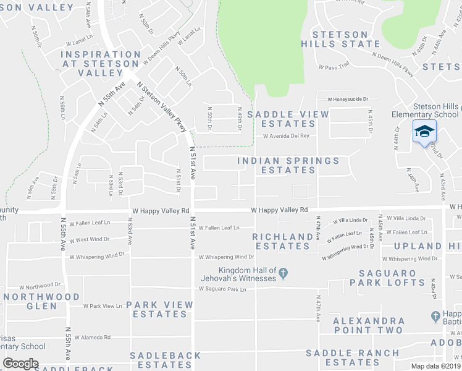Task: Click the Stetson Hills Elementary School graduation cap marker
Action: (424, 131)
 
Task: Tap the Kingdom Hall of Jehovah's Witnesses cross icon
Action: (283, 272)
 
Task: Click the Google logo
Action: (20, 364)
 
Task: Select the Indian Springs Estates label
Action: (288, 165)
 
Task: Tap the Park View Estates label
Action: (159, 309)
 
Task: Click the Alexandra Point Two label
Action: (369, 325)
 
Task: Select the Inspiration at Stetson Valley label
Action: (101, 63)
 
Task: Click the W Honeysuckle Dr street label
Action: (348, 99)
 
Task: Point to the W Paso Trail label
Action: (334, 66)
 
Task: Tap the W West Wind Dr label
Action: (90, 240)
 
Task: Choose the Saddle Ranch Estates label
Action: (353, 357)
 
